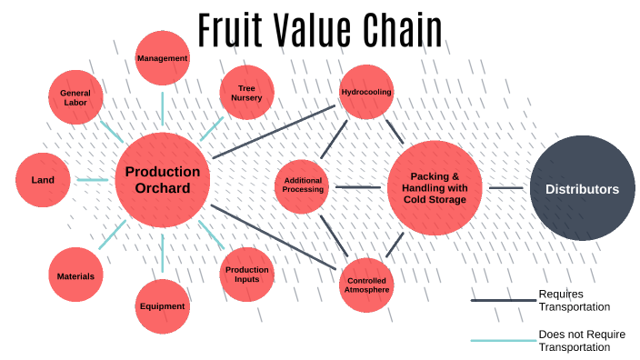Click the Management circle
click(x=163, y=58)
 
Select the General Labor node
click(x=75, y=97)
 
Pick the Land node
click(x=44, y=180)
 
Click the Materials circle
click(x=75, y=275)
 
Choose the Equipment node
click(x=163, y=306)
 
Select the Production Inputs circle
click(x=247, y=275)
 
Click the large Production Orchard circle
click(x=163, y=180)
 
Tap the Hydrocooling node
click(x=366, y=93)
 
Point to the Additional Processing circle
click(x=303, y=185)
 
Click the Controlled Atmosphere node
click(x=366, y=285)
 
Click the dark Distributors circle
click(x=582, y=189)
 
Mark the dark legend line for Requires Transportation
click(x=504, y=300)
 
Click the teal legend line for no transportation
click(x=504, y=340)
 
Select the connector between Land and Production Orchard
click(x=93, y=180)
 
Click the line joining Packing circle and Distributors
click(x=506, y=188)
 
